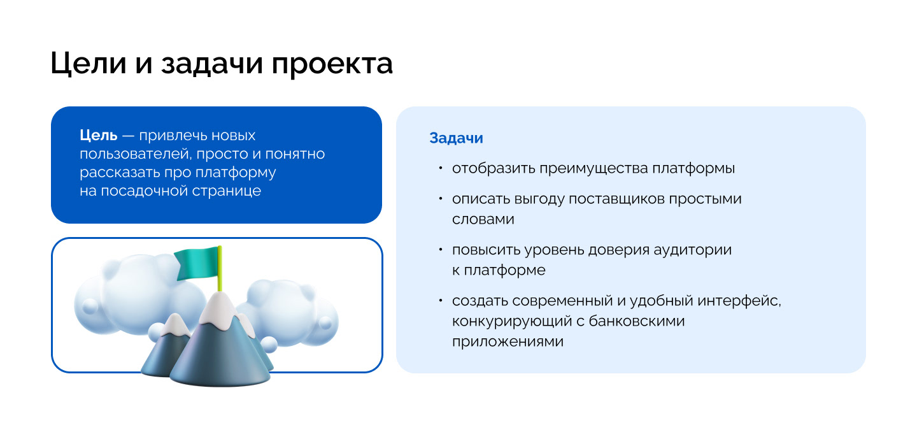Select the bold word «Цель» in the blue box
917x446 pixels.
coord(99,136)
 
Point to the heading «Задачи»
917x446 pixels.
coord(456,138)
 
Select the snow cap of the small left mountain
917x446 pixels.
coord(175,324)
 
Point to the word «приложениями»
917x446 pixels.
coord(508,342)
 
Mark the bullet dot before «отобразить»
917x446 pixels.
coord(440,168)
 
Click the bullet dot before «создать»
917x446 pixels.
coord(440,300)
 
